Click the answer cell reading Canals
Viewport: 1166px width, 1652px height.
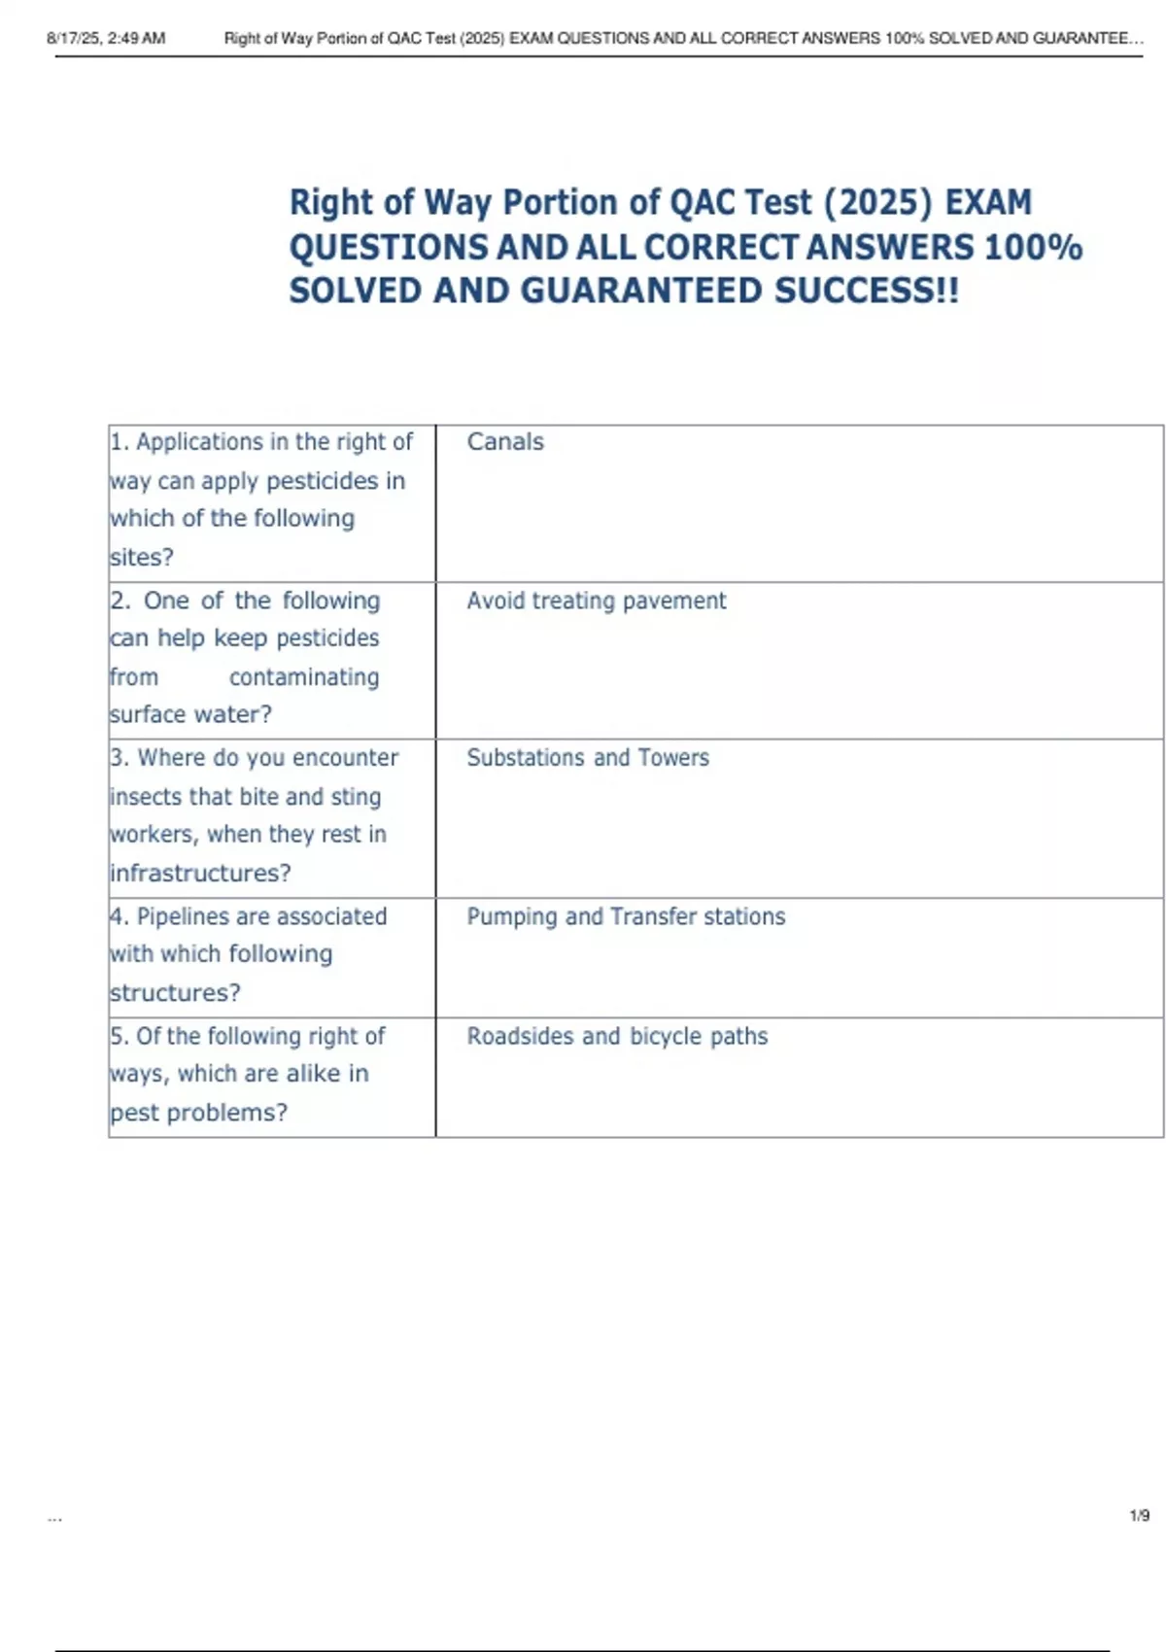(x=505, y=442)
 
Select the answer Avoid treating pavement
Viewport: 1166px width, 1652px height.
(x=596, y=602)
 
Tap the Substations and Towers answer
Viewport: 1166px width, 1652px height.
(x=588, y=758)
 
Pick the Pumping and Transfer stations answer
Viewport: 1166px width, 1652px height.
(x=626, y=916)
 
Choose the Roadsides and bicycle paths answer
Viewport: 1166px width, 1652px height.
(x=617, y=1037)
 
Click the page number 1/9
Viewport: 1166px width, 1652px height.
(x=1139, y=1516)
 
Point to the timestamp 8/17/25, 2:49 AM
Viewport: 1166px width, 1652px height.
(x=106, y=39)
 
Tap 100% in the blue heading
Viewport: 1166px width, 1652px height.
(x=1033, y=248)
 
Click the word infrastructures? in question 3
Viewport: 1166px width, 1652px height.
(x=200, y=874)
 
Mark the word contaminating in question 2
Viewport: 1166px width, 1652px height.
(x=304, y=677)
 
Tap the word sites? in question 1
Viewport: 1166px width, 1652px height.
(x=142, y=558)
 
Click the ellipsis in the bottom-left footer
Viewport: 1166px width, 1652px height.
(x=54, y=1517)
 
